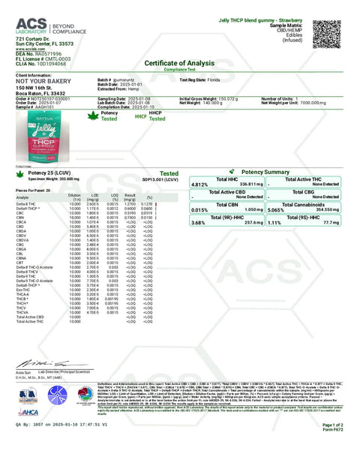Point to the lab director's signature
[x=30, y=363]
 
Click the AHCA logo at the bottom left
[x=28, y=411]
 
